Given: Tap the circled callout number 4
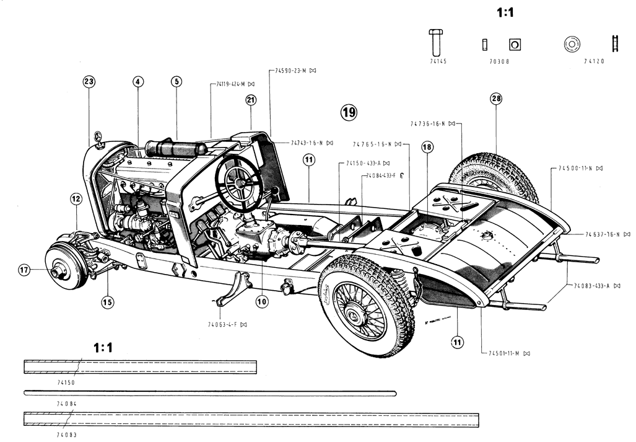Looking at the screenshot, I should click(x=137, y=81).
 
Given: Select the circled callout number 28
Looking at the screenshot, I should click(x=495, y=99).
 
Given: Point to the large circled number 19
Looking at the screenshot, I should click(x=349, y=112).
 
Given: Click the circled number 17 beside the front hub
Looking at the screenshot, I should click(x=24, y=270).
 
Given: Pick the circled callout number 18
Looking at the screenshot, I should click(x=427, y=147).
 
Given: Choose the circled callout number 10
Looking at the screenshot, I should click(x=263, y=301).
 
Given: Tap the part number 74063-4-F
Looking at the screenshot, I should click(x=224, y=324).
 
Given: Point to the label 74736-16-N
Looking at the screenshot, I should click(x=428, y=123).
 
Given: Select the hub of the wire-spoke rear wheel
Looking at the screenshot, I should click(x=352, y=316).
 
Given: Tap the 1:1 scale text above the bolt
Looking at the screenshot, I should click(x=505, y=12).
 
